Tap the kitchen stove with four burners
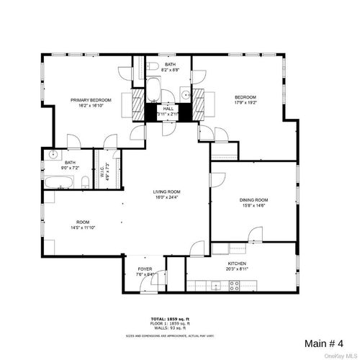point(234,284)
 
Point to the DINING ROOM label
point(253,199)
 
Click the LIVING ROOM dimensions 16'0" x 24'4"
point(166,198)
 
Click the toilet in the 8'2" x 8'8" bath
point(153,91)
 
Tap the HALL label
point(168,109)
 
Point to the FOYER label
point(146,269)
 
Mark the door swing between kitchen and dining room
point(253,234)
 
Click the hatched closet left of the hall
point(138,104)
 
